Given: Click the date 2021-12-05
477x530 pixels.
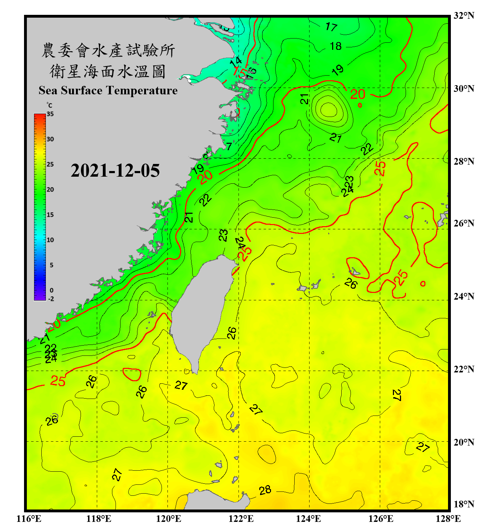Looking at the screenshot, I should [115, 171].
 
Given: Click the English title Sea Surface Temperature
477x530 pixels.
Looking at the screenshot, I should [108, 90].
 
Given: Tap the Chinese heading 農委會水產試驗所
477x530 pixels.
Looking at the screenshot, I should [108, 50].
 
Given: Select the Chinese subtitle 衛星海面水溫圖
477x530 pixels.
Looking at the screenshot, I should [108, 71].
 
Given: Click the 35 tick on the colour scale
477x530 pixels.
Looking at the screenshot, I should [50, 114].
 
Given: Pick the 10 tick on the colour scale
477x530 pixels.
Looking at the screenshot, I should [50, 240].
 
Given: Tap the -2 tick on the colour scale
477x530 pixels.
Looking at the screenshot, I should [51, 299].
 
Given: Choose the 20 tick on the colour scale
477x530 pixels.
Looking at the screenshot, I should [50, 189].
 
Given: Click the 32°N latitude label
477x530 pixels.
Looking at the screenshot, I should [464, 16].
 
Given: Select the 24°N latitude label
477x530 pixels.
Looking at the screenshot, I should [464, 296].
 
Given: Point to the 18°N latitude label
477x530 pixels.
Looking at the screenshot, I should [464, 504].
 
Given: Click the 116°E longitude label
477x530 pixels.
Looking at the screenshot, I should [29, 519].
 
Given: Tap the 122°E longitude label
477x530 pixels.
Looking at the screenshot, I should [241, 519].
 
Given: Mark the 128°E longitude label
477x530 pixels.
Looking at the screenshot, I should [448, 519].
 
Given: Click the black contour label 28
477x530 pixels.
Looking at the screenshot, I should [265, 490].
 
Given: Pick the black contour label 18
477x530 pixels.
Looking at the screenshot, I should [336, 46].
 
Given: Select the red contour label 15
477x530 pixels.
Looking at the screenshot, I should [240, 72].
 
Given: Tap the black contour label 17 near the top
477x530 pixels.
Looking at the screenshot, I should [331, 26].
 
